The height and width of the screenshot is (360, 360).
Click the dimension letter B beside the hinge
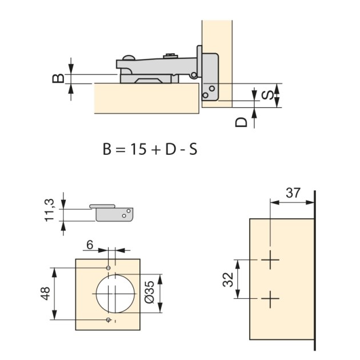58,78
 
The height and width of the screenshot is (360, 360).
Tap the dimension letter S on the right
266,95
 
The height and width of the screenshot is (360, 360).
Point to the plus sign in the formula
156,150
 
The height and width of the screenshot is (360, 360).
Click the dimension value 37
293,193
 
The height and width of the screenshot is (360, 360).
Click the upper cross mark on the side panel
270,261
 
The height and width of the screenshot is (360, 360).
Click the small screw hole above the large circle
109,267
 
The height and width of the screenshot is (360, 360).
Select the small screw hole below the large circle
109,321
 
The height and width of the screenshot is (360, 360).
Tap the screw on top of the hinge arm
169,56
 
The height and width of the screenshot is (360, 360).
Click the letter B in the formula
107,150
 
